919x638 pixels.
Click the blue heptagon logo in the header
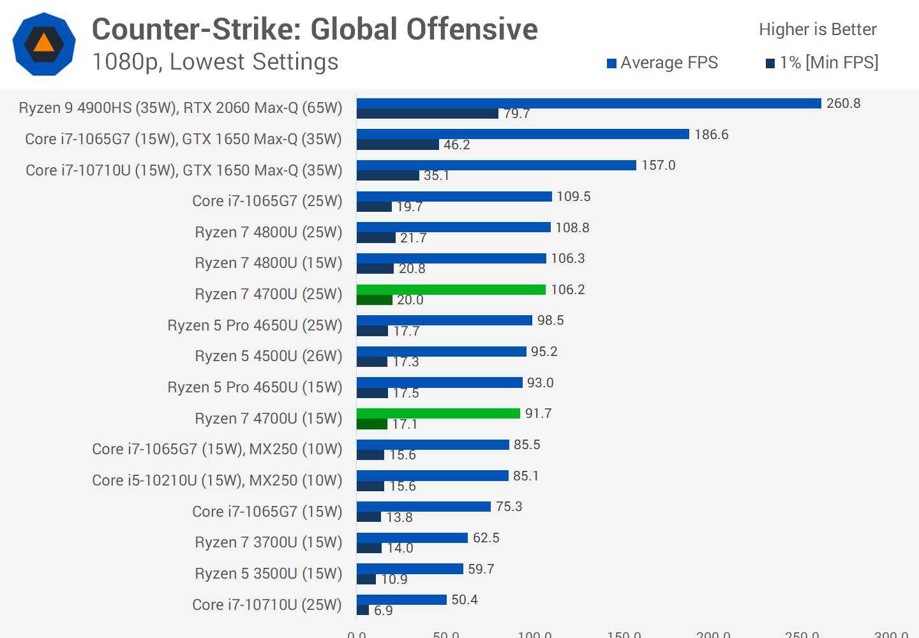click(44, 44)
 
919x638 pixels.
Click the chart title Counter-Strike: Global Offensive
click(315, 29)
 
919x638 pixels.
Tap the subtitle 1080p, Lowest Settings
click(215, 62)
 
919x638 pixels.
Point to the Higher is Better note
click(818, 29)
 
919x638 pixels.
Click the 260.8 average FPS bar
click(588, 103)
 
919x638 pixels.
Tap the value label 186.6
click(711, 135)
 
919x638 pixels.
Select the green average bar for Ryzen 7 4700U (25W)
click(451, 290)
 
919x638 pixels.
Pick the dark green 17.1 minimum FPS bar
click(372, 424)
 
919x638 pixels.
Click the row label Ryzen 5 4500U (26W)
click(268, 356)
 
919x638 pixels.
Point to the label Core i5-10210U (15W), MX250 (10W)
click(217, 480)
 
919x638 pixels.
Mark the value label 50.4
click(465, 600)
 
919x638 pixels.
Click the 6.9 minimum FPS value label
click(383, 611)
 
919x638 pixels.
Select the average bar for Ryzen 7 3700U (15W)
click(412, 538)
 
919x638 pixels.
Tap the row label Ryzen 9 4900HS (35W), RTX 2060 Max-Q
click(181, 108)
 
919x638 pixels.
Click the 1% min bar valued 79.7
click(427, 114)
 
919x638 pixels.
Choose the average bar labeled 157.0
click(497, 165)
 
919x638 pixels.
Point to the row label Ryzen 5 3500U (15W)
click(268, 574)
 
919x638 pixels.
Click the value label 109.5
click(573, 197)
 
